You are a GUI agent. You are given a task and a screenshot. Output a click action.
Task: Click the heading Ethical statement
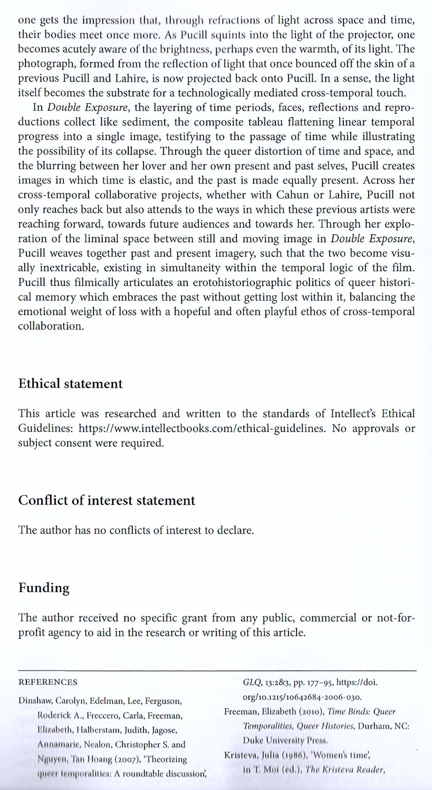70,383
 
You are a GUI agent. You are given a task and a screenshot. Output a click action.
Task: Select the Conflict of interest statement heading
107,500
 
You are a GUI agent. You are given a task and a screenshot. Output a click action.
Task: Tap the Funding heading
44,588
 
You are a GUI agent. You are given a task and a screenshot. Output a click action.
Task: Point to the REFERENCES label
48,682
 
